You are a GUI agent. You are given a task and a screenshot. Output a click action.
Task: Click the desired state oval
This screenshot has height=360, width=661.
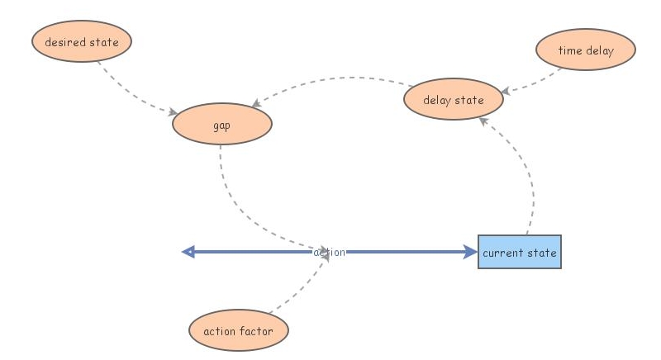coord(81,42)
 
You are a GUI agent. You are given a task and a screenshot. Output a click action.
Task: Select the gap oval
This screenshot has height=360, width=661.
coord(221,125)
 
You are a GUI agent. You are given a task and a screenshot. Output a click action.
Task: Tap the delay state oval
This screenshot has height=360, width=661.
coord(453,101)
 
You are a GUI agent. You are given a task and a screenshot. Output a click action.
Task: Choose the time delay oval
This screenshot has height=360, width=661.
coord(585,50)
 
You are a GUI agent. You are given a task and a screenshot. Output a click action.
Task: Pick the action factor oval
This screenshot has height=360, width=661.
coord(239,331)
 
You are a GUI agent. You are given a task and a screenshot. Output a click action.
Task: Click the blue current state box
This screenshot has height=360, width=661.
coord(519,252)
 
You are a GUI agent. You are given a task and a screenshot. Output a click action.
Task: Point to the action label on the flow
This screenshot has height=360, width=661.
coord(330,252)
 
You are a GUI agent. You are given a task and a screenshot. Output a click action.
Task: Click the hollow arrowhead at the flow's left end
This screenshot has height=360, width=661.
coord(188,252)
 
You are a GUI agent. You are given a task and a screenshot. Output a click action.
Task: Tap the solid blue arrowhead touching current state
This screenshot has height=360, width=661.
coord(471,252)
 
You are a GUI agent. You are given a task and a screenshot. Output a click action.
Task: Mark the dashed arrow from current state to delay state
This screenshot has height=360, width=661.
coord(529,173)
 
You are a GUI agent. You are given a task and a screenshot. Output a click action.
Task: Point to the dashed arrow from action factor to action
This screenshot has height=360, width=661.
coord(302,289)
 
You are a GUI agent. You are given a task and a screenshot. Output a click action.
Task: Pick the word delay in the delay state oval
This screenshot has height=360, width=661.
coord(438,101)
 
